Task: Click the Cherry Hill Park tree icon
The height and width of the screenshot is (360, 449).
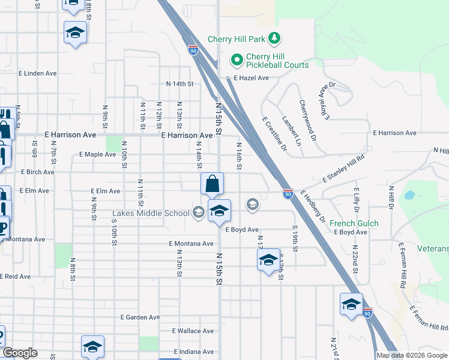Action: point(274,39)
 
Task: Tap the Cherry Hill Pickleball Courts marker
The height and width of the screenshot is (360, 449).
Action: point(237,60)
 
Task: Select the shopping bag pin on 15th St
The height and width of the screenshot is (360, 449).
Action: point(212,184)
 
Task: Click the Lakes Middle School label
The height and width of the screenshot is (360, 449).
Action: point(151,213)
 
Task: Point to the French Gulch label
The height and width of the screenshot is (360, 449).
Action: point(354,223)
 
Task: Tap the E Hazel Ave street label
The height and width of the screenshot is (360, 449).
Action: point(251,78)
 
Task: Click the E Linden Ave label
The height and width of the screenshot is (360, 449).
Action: point(37,73)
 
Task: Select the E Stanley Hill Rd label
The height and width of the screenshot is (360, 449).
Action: point(343,170)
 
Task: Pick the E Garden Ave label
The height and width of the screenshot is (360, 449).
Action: point(140,317)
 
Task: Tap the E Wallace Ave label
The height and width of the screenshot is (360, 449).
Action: point(193,331)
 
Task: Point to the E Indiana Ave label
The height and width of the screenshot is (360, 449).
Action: point(194,351)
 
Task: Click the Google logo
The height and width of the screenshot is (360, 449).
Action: point(20,353)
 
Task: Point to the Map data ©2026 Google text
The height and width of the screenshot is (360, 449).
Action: point(412,355)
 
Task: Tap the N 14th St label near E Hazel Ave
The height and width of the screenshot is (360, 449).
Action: point(180,85)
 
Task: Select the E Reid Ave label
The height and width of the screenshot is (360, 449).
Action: point(15,276)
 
